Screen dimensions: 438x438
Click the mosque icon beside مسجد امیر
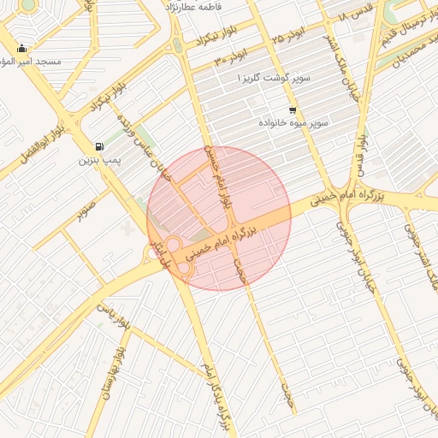(21, 49)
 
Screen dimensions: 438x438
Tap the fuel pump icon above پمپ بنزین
(101, 146)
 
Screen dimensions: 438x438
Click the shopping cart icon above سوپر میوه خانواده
(293, 110)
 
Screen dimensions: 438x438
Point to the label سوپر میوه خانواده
(295, 124)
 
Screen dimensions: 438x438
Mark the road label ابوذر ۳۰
(230, 56)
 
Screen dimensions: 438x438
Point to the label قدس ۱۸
(355, 16)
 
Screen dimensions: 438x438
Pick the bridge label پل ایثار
(157, 254)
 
